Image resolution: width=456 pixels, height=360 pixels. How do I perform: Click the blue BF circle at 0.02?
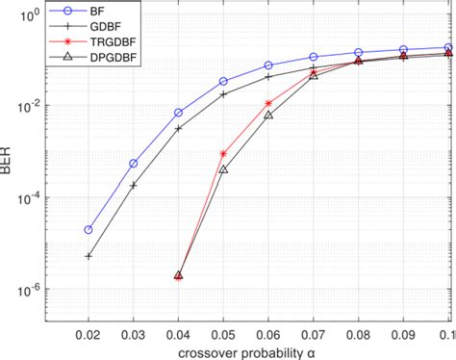[x=89, y=230]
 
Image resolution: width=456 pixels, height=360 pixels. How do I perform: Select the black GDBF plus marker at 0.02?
[x=89, y=256]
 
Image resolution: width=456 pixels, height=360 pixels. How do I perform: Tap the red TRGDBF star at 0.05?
[x=223, y=154]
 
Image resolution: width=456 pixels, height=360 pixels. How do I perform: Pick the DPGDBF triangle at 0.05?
[x=223, y=168]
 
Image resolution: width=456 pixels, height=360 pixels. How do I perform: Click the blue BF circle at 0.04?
[x=178, y=113]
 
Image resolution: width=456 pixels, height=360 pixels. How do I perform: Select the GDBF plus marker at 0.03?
[x=133, y=185]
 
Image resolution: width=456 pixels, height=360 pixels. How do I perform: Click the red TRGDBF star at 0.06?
[x=268, y=103]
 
